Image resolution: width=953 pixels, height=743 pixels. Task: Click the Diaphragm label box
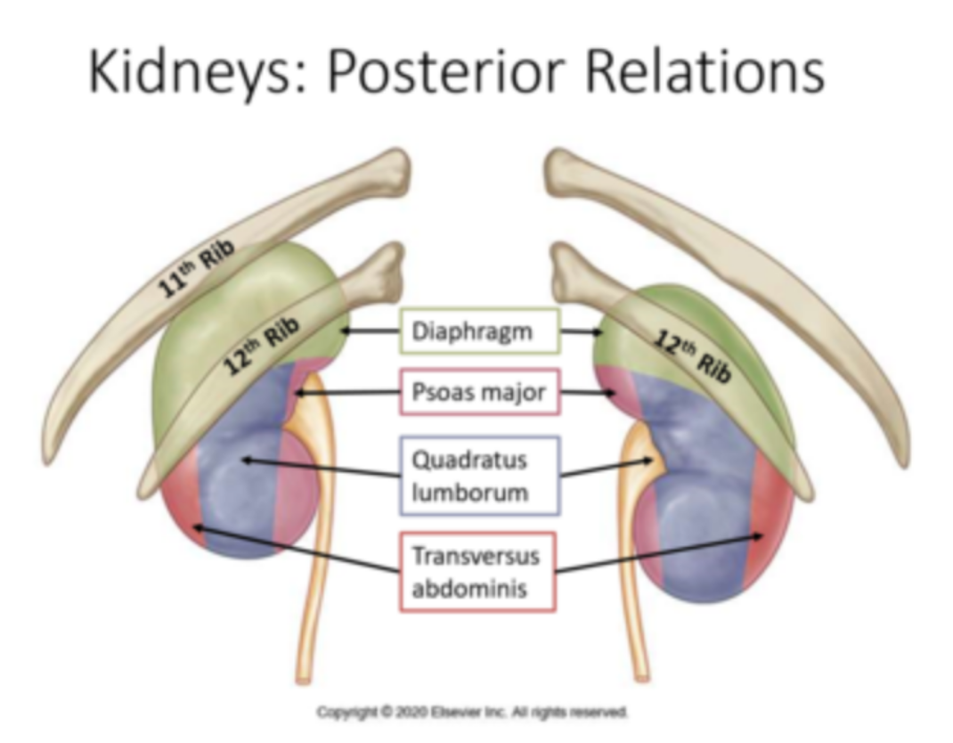(x=479, y=332)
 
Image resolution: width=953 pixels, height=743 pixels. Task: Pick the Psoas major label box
(x=479, y=392)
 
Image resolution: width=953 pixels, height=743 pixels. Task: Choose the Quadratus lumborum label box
(x=479, y=476)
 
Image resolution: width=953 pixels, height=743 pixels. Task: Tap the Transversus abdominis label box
(x=477, y=572)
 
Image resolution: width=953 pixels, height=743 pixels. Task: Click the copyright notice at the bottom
(x=472, y=713)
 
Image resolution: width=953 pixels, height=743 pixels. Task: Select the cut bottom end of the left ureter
(x=305, y=680)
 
